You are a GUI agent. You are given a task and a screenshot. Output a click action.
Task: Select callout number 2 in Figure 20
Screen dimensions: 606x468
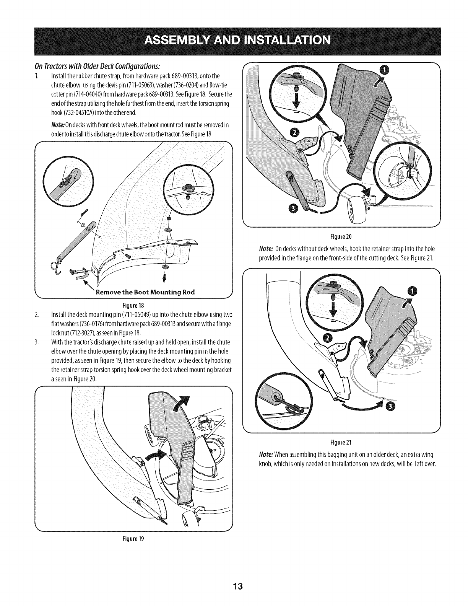coord(294,133)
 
